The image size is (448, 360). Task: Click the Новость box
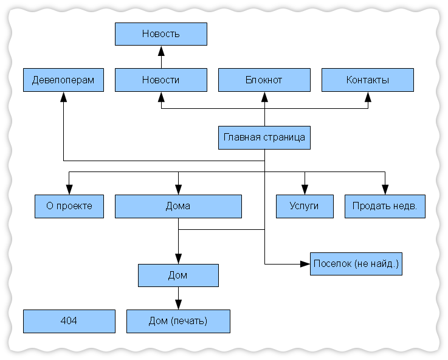tap(161, 34)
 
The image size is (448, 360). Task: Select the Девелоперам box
tap(63, 80)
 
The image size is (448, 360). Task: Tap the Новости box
tap(161, 80)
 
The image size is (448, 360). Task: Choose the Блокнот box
tap(264, 80)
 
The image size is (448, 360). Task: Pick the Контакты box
tap(368, 80)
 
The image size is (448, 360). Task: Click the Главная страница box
tap(264, 137)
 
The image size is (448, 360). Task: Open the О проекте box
tap(69, 207)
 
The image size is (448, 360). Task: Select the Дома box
tap(178, 207)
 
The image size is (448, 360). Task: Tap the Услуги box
tap(305, 207)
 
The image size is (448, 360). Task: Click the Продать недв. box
tap(385, 207)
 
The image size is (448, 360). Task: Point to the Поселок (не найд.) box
tap(356, 264)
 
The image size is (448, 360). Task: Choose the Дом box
tap(178, 275)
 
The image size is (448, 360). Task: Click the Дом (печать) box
tap(178, 322)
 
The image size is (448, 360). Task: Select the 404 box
tap(69, 322)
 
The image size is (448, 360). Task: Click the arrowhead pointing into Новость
tap(162, 51)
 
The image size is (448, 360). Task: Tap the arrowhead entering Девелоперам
tap(63, 97)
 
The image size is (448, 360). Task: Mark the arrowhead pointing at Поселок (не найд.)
tap(305, 264)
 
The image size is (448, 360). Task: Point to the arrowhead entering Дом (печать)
tap(178, 305)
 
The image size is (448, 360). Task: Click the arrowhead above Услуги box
tap(305, 190)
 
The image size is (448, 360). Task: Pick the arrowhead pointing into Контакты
tap(368, 97)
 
